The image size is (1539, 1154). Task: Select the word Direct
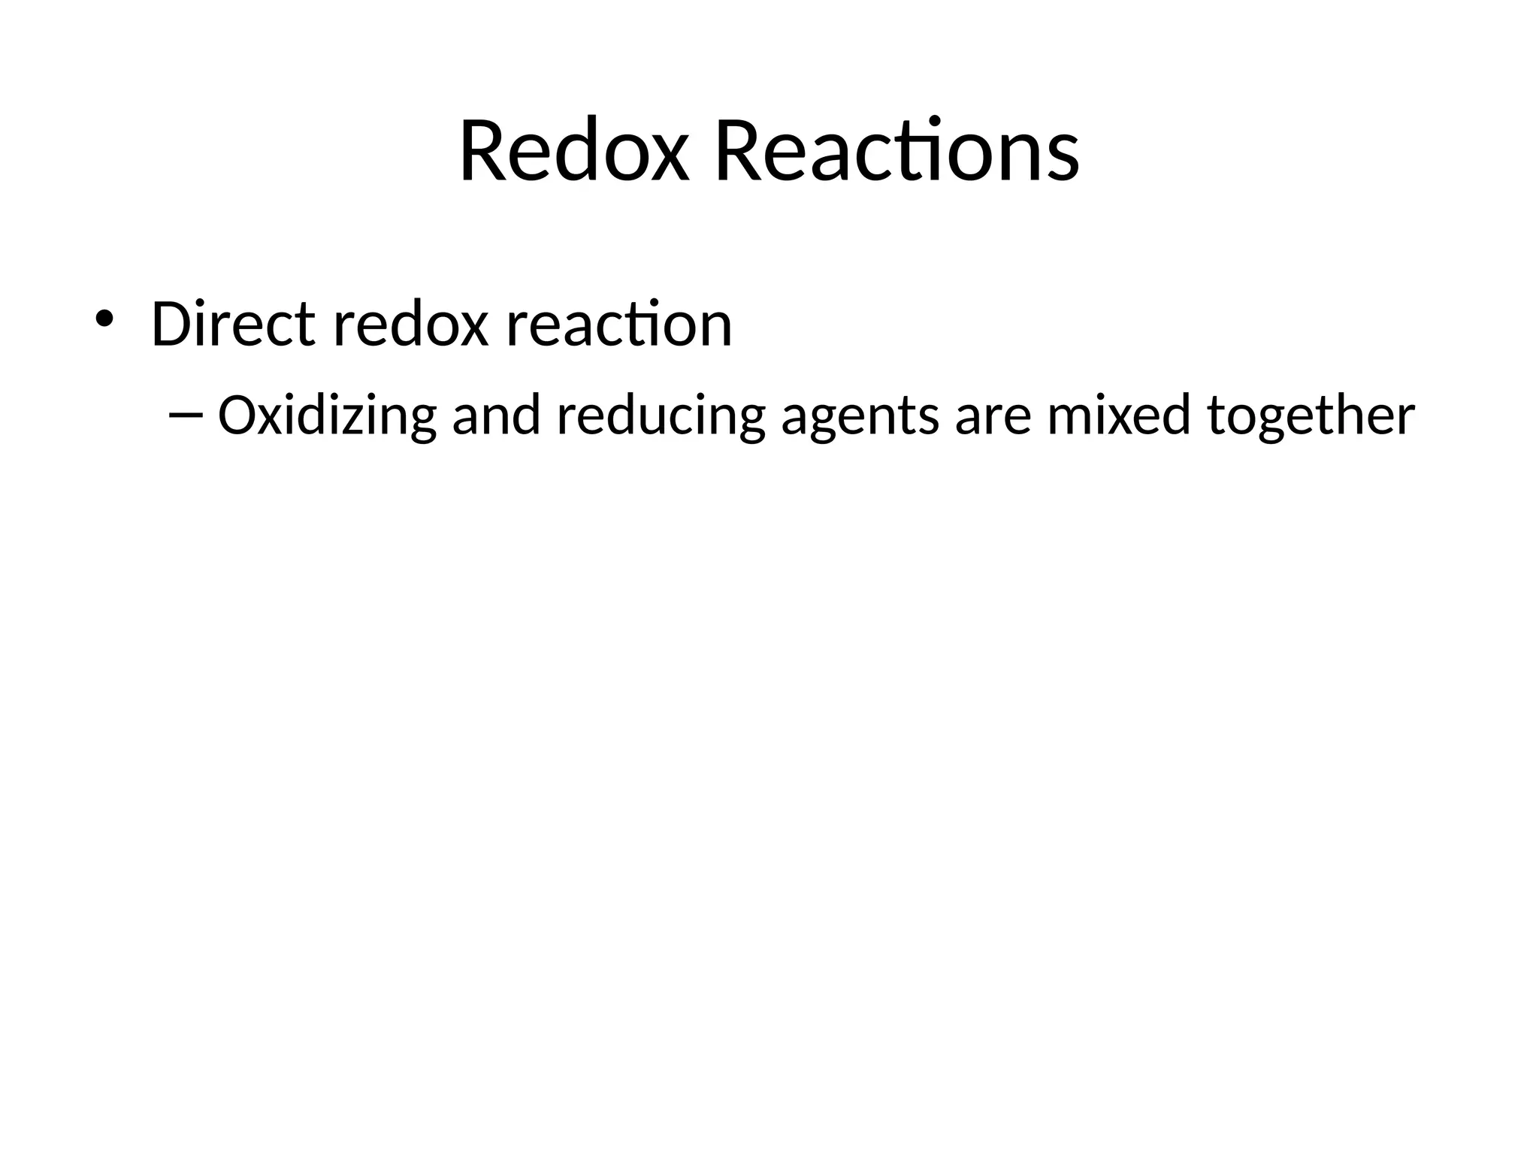pos(233,325)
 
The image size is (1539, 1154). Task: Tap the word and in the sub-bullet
pos(496,415)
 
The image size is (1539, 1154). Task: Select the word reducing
pos(661,415)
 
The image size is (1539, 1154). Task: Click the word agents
pos(860,415)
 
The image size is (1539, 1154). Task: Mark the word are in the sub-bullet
pos(993,415)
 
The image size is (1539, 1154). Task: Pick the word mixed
pos(1119,415)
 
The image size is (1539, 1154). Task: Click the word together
pos(1311,415)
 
